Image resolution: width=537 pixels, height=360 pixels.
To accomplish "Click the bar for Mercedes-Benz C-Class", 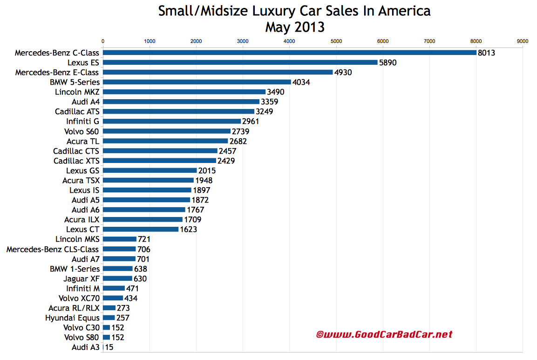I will tap(289, 53).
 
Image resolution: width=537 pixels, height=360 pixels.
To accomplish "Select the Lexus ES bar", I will tap(240, 62).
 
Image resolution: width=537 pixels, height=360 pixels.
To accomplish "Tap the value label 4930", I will tap(344, 73).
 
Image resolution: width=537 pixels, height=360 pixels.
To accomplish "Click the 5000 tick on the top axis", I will tap(336, 41).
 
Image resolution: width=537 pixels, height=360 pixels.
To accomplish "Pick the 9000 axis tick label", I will tap(523, 41).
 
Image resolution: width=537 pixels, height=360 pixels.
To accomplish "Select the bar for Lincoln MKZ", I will tap(184, 92).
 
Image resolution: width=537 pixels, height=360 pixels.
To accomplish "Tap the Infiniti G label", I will tap(82, 121).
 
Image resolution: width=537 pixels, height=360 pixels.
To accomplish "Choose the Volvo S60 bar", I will tap(166, 131).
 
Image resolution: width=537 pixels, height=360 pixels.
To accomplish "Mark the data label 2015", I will tap(207, 171).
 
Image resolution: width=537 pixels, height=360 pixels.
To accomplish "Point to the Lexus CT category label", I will tap(83, 229).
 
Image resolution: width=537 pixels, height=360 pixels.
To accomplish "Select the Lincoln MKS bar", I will tap(119, 239).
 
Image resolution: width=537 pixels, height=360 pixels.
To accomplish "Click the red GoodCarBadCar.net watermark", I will tap(384, 334).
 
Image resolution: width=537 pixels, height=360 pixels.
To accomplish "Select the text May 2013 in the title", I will tap(294, 27).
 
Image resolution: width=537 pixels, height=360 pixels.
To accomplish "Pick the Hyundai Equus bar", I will tap(109, 318).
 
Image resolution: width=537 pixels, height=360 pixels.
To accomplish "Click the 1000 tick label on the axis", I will tap(150, 41).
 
